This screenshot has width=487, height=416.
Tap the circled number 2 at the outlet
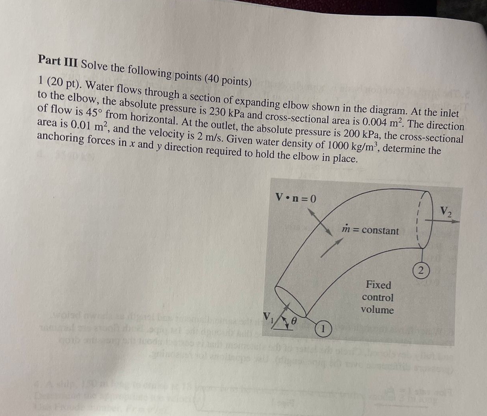coord(421,271)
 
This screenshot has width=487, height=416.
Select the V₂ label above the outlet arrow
coord(446,211)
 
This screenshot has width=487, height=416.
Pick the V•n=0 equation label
coord(296,197)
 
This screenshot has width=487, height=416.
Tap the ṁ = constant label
coord(370,230)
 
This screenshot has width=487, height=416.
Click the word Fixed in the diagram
coord(378,285)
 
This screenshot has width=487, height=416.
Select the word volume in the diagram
coord(377,310)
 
